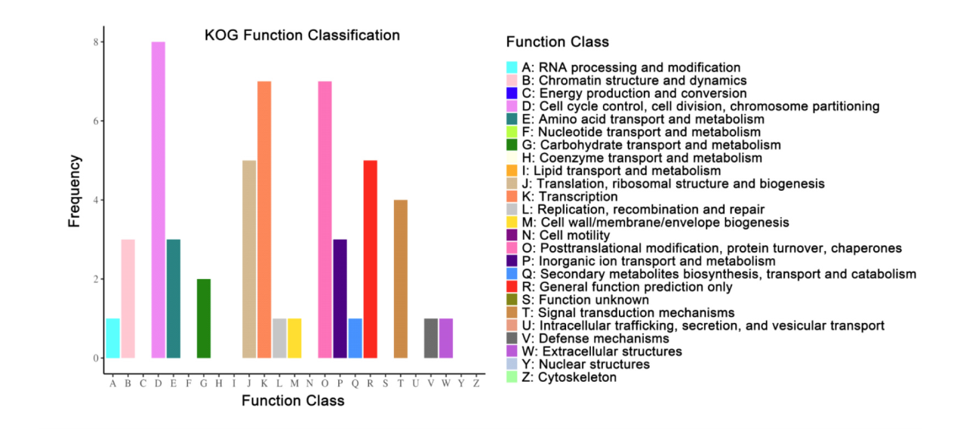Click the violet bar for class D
[158, 200]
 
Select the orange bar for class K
[264, 220]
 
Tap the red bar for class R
[370, 259]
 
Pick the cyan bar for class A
[112, 338]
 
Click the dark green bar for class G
[203, 318]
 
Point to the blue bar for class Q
[355, 338]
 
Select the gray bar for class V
[431, 338]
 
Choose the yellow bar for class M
[294, 338]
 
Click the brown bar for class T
[400, 279]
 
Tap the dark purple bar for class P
[340, 299]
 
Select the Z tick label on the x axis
[476, 383]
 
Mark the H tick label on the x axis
[219, 383]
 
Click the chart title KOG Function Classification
[302, 35]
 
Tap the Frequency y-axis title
[74, 191]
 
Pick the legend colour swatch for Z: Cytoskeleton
[512, 377]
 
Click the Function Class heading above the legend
[558, 41]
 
